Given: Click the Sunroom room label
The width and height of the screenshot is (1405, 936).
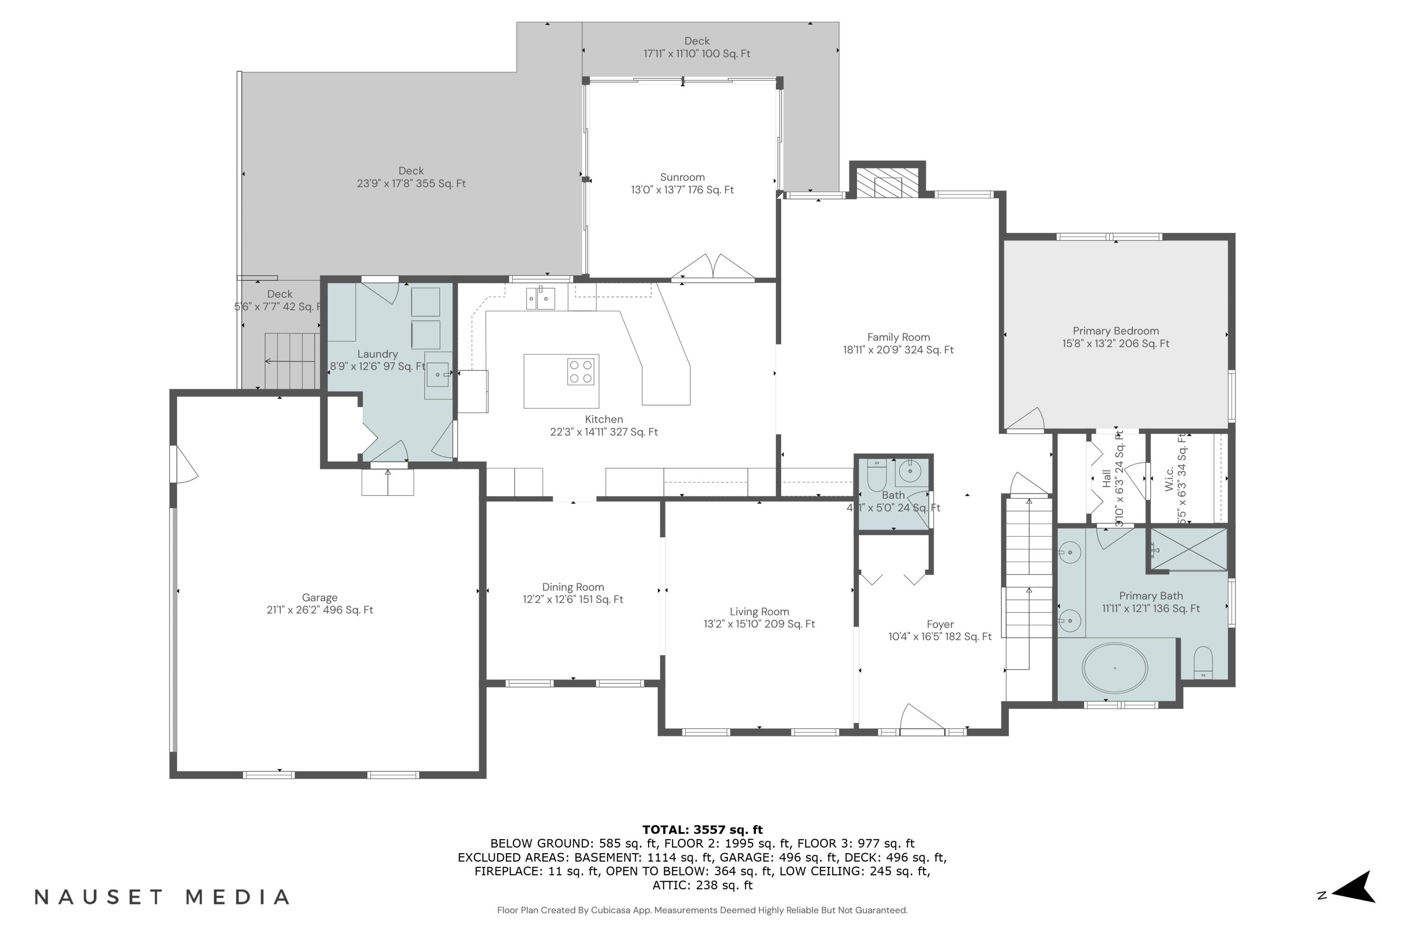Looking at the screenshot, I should pyautogui.click(x=682, y=177).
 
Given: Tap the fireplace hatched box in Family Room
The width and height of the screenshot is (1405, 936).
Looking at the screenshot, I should pyautogui.click(x=887, y=182).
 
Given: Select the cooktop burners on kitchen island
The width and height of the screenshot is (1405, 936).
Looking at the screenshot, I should pyautogui.click(x=580, y=371).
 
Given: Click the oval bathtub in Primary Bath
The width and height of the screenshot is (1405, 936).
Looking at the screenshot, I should pyautogui.click(x=1115, y=668).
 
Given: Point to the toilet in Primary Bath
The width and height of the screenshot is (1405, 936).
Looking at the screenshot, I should pyautogui.click(x=1203, y=663).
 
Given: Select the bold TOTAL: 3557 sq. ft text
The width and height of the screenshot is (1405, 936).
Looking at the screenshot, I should pyautogui.click(x=702, y=829).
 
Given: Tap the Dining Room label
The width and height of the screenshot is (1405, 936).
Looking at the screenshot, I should pyautogui.click(x=573, y=587).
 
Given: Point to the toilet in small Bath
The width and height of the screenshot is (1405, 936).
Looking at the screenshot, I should pyautogui.click(x=876, y=475).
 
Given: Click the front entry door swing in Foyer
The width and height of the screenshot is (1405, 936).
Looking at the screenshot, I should pyautogui.click(x=920, y=718).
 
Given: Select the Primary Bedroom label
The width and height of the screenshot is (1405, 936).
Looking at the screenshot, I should pyautogui.click(x=1115, y=331).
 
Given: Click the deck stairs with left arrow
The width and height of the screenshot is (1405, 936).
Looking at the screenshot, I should pyautogui.click(x=291, y=360).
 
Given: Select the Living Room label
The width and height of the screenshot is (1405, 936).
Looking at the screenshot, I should pyautogui.click(x=759, y=612).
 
